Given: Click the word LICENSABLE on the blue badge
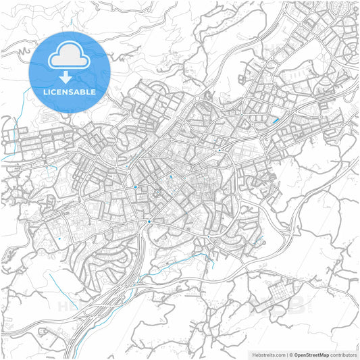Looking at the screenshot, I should [69, 91].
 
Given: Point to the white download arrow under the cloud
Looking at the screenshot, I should [69, 76].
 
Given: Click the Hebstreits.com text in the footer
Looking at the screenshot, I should [267, 355].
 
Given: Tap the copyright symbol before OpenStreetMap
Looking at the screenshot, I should [290, 355].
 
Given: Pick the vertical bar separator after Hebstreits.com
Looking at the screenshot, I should [285, 355].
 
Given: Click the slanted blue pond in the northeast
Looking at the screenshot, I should [276, 121].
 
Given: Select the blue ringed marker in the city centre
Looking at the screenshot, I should [136, 186].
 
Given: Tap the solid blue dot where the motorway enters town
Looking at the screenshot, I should [149, 221].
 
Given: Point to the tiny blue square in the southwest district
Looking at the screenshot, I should [59, 238].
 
